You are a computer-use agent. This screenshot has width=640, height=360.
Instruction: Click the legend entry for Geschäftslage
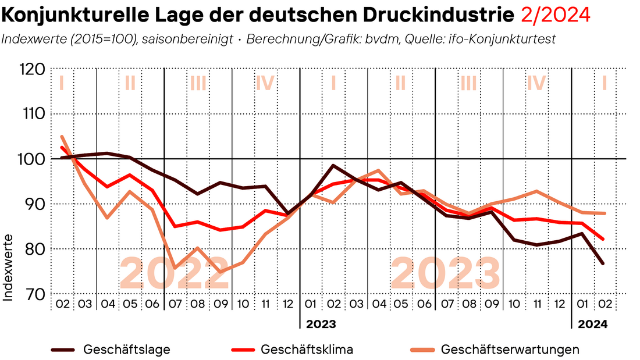tap(127, 350)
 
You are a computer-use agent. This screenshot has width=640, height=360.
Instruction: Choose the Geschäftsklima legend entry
tap(307, 350)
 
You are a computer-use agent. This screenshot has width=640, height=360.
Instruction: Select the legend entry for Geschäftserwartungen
tap(510, 350)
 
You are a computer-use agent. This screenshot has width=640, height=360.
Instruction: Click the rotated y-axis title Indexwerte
tap(8, 268)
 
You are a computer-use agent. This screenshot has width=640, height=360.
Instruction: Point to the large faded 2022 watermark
tap(175, 273)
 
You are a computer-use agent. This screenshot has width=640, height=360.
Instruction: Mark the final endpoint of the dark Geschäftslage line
tap(603, 264)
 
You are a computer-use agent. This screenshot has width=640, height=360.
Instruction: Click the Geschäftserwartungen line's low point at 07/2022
tap(175, 268)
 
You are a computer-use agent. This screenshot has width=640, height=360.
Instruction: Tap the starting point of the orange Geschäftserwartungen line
tap(62, 137)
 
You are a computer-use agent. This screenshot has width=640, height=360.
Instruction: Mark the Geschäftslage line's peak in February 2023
tap(333, 165)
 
